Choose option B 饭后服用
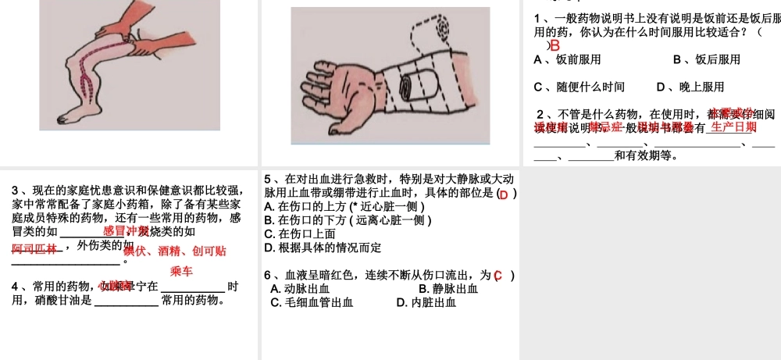point(706,59)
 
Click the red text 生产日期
point(733,126)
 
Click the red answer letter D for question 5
point(504,194)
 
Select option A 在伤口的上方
point(344,207)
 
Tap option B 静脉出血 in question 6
point(448,289)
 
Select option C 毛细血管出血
point(312,302)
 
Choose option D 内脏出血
point(426,302)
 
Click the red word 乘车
point(181,271)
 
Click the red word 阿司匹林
point(34,248)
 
